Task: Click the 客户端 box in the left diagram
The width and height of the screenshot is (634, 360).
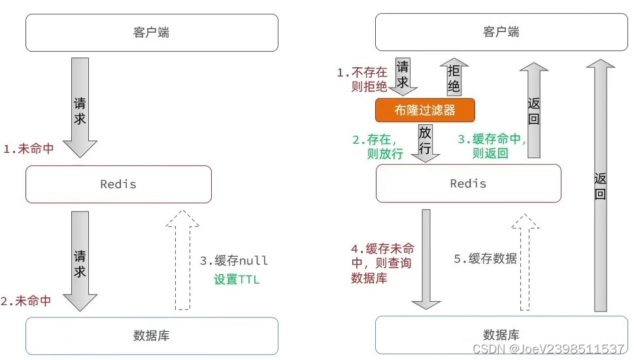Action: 152,33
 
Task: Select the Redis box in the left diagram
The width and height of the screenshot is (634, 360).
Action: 118,184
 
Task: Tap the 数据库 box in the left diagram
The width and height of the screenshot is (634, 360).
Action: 152,336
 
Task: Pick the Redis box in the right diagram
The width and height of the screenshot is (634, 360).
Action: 468,183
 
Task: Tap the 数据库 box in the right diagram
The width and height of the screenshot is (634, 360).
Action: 501,335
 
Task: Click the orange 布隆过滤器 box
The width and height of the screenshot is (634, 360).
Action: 424,110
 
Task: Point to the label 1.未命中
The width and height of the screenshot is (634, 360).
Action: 28,149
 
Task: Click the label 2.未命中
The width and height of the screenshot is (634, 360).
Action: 26,301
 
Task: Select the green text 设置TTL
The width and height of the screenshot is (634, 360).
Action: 236,280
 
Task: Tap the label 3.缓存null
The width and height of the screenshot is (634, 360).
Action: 233,261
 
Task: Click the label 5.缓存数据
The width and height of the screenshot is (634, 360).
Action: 485,259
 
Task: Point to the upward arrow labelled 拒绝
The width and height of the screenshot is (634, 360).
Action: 454,78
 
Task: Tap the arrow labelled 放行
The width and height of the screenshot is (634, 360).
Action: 425,143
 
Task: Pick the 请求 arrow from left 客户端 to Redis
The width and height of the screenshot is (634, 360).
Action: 80,108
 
